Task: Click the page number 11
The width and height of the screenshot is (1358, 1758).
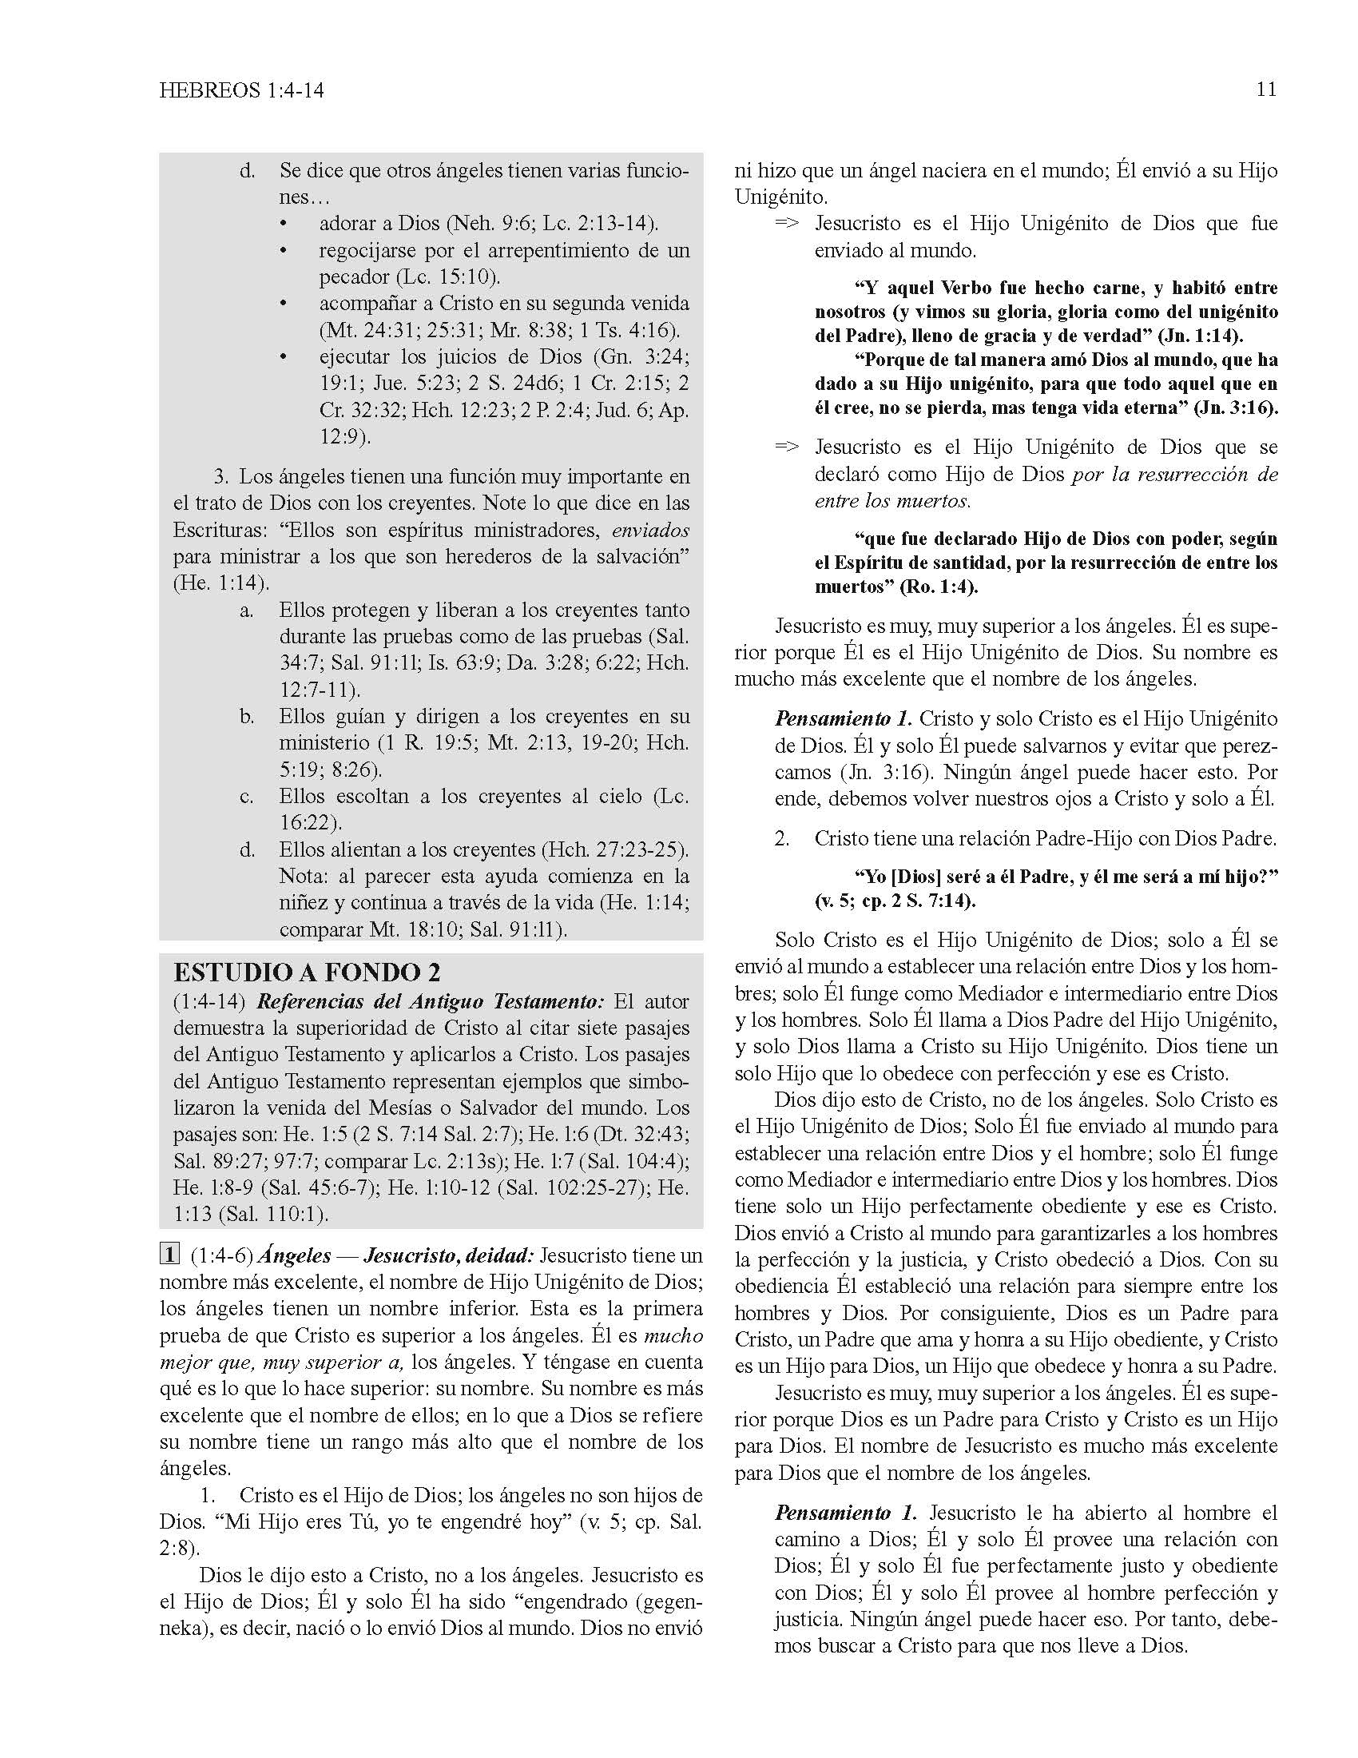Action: coord(1265,89)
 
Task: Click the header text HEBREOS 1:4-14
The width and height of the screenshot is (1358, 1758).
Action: coord(241,90)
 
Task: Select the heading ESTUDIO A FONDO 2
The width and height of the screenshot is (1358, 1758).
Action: coord(307,972)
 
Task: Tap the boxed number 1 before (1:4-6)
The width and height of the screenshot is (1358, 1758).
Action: coord(169,1255)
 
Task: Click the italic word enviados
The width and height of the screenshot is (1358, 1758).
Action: coord(650,531)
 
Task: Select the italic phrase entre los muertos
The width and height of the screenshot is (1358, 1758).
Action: coord(891,501)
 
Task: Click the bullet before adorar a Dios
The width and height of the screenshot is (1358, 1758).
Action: coord(284,224)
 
